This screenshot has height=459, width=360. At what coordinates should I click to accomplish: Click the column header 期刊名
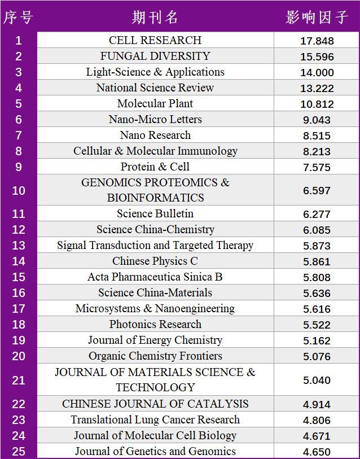[155, 18]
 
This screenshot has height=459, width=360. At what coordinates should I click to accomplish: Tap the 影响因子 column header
[317, 18]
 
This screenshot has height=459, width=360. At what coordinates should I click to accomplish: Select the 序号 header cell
[18, 18]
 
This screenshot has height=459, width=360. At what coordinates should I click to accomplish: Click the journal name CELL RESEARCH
[155, 40]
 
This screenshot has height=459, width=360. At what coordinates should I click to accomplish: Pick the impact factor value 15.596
[317, 56]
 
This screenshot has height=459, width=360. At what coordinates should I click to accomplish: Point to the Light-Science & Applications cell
[155, 72]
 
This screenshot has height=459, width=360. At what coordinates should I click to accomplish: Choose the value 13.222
[317, 88]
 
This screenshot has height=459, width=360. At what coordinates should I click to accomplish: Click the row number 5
[19, 104]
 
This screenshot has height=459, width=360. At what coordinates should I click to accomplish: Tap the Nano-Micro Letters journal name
[155, 119]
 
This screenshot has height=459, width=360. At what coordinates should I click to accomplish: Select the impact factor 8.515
[317, 135]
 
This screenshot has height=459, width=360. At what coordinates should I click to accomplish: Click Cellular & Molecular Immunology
[155, 151]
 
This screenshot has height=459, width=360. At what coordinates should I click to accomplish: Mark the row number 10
[19, 190]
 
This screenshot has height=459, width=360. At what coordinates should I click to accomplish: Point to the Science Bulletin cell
[155, 213]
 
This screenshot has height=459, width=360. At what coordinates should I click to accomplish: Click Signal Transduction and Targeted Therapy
[155, 245]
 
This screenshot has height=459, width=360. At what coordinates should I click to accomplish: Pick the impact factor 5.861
[317, 261]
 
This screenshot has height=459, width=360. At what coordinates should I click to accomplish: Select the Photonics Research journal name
[155, 324]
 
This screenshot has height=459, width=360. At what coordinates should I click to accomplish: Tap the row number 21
[19, 380]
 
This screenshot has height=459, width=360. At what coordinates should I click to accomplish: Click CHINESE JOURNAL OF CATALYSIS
[155, 404]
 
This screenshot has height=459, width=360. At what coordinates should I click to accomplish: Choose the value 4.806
[317, 420]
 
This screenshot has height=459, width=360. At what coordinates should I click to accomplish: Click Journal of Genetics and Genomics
[155, 451]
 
